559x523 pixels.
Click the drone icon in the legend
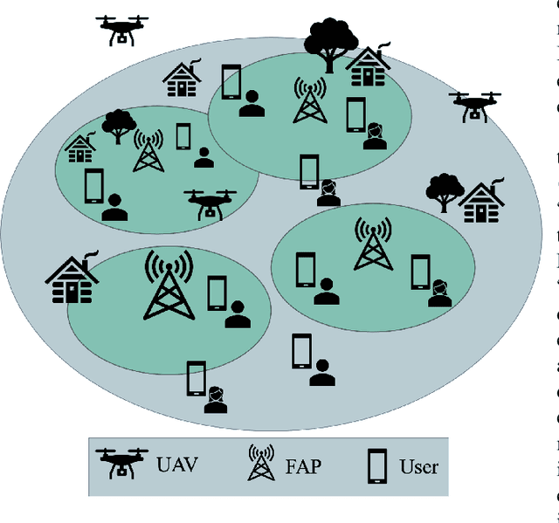[x=121, y=463]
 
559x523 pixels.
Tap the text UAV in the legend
[x=177, y=464]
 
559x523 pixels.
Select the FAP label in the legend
[x=301, y=465]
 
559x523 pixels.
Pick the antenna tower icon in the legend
[x=259, y=463]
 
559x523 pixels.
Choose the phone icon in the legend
[x=378, y=465]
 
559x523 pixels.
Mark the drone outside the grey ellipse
[x=121, y=29]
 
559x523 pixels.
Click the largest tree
[x=331, y=42]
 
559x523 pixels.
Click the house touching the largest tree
[x=368, y=66]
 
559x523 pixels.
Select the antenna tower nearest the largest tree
[x=307, y=100]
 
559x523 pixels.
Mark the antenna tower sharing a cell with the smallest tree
[x=148, y=150]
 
